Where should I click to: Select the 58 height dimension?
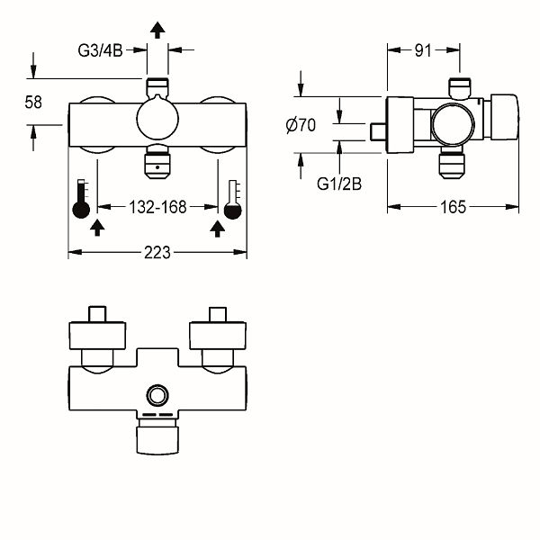[x=33, y=102]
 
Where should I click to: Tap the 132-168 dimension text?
[x=157, y=207]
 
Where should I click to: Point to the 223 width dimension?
[x=157, y=255]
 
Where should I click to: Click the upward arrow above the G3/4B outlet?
[x=157, y=30]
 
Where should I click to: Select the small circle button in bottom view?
[x=157, y=394]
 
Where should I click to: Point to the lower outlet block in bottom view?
[x=157, y=438]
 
